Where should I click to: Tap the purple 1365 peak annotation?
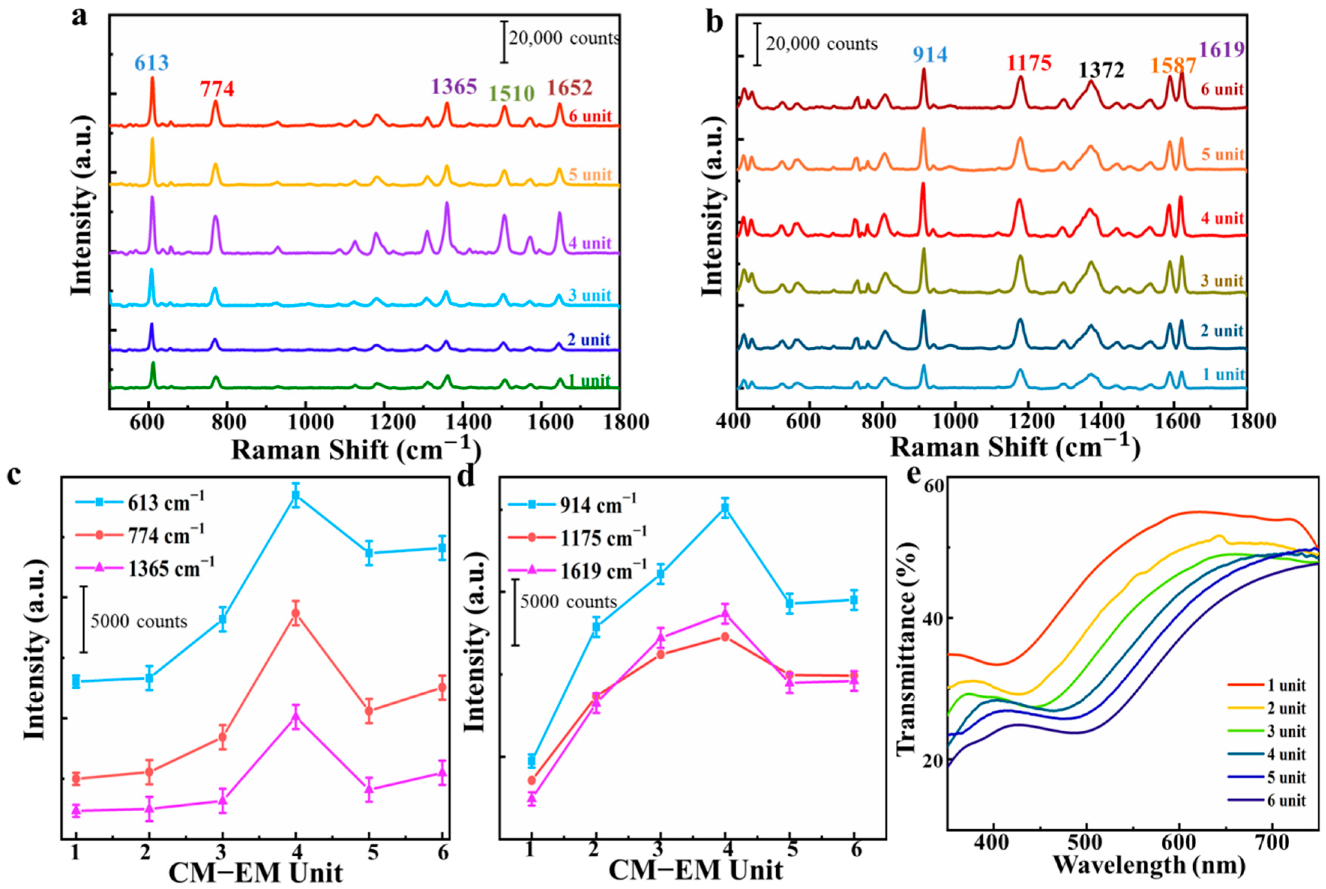(x=454, y=87)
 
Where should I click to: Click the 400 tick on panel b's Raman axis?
(x=737, y=422)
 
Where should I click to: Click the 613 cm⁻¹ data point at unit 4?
(x=295, y=496)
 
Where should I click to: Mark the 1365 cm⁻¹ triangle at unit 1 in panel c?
(x=76, y=810)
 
